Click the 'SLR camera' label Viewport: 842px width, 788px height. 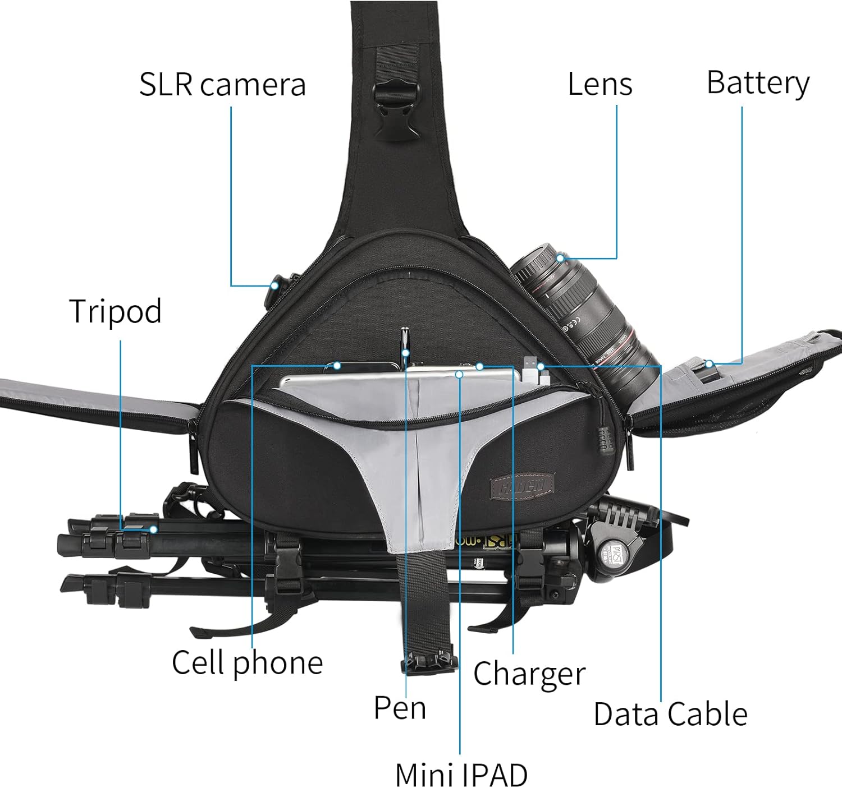click(x=222, y=85)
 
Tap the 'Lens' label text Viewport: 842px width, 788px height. click(x=600, y=84)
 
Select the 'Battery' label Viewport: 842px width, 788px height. click(x=757, y=83)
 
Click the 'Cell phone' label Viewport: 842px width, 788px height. click(x=247, y=662)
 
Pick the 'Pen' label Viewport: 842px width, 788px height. click(x=400, y=707)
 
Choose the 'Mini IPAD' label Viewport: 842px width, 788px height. click(x=461, y=775)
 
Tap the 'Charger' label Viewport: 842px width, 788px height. click(x=529, y=673)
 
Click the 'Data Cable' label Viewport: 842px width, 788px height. click(x=670, y=714)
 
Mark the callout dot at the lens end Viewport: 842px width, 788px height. click(x=560, y=257)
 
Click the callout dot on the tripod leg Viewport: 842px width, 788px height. click(x=153, y=529)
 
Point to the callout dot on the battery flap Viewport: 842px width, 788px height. click(x=709, y=364)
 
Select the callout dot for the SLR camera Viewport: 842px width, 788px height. click(x=274, y=285)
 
